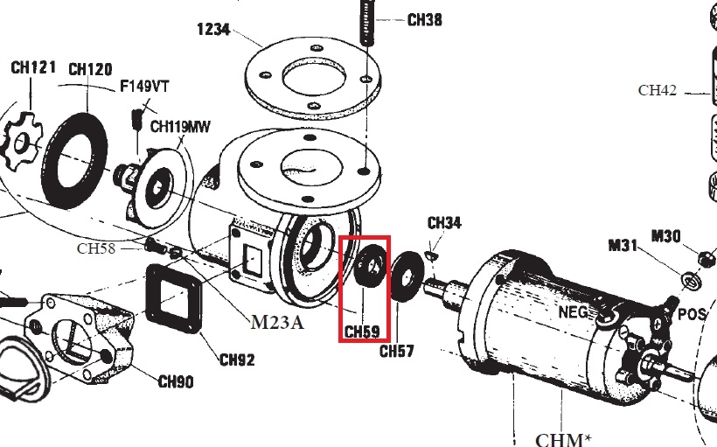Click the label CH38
click(x=424, y=18)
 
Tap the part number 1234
click(x=213, y=29)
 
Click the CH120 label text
click(x=89, y=69)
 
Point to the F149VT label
click(x=144, y=87)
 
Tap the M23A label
click(x=276, y=322)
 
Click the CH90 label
click(x=176, y=381)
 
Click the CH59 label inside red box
click(x=361, y=332)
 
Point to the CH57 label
click(x=396, y=352)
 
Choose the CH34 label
click(x=443, y=223)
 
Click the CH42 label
click(x=658, y=89)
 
